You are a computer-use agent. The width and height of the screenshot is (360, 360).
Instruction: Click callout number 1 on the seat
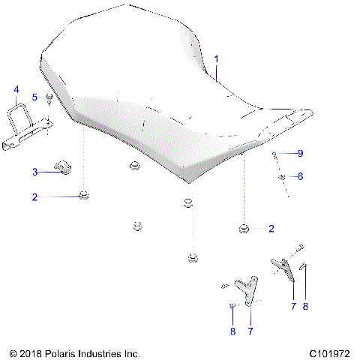click(x=217, y=58)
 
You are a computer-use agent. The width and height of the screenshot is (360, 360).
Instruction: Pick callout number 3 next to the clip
click(x=34, y=172)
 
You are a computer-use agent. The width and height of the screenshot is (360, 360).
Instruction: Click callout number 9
click(x=300, y=153)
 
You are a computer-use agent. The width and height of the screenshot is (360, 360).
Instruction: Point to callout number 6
click(x=300, y=177)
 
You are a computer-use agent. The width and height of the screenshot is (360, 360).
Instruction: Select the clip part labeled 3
click(x=64, y=167)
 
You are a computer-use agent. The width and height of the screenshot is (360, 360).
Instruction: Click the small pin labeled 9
click(x=275, y=154)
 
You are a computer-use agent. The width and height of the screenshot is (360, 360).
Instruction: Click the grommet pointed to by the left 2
click(x=85, y=196)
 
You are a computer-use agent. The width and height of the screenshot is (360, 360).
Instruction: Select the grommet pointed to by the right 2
click(x=244, y=227)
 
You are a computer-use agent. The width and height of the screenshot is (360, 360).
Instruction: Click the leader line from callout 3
click(x=48, y=172)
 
